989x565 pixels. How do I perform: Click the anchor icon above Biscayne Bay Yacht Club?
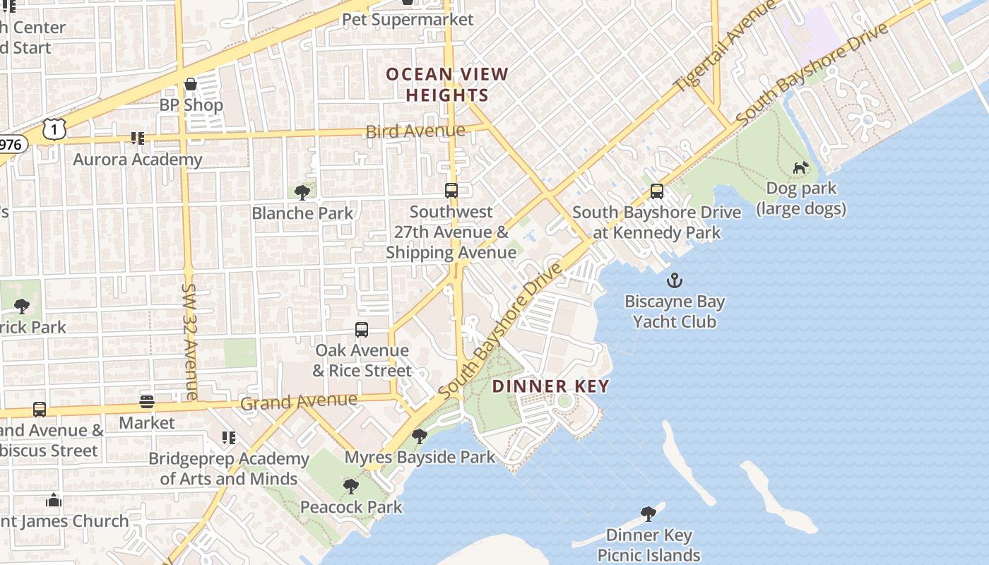tap(675, 280)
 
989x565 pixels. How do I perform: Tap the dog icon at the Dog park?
tap(800, 168)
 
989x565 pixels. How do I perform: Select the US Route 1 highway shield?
tap(54, 129)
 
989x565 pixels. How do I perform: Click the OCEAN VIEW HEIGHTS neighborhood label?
tap(446, 85)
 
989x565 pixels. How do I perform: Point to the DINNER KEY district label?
tap(550, 386)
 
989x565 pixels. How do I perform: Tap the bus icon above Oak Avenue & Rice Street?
tap(362, 330)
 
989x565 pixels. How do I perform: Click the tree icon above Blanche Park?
tap(302, 192)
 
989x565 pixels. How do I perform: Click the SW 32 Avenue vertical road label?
tap(189, 342)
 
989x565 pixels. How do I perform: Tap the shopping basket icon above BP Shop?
tap(190, 85)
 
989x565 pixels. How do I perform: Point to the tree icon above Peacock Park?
tap(350, 487)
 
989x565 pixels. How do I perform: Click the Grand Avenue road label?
tap(299, 402)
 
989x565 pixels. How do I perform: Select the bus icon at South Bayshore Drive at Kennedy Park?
tap(657, 191)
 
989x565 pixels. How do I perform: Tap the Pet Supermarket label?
tap(408, 19)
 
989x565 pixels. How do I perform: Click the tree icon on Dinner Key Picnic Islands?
tap(648, 514)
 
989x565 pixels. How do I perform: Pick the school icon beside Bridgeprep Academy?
tap(228, 439)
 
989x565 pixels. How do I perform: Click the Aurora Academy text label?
tap(138, 160)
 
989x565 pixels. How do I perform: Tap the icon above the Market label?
tap(146, 402)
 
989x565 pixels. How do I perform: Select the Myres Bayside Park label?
tap(420, 458)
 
